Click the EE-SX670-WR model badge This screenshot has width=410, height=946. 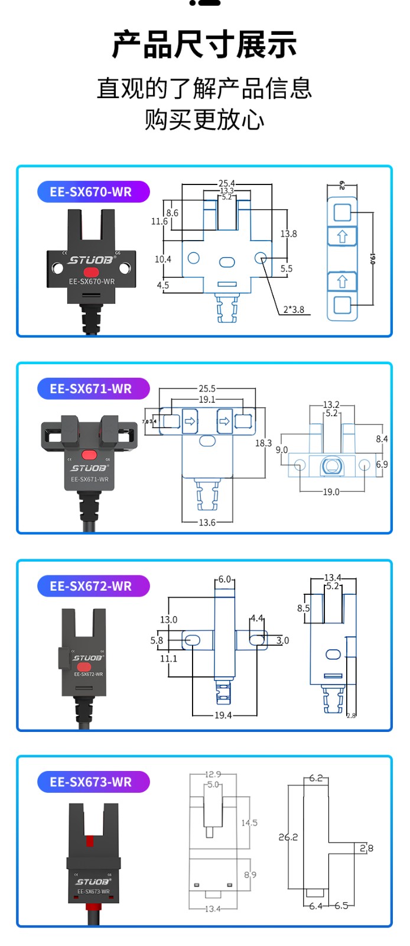[x=93, y=192]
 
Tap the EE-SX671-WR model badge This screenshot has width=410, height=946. [x=93, y=389]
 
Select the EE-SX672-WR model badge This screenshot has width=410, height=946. [x=93, y=586]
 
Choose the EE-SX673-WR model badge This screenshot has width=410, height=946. [x=93, y=782]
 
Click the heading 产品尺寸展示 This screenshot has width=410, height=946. [x=204, y=45]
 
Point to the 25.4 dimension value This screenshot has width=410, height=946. [x=226, y=183]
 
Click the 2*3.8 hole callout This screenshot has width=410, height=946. [x=294, y=309]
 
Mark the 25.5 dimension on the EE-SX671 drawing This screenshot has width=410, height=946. [x=207, y=389]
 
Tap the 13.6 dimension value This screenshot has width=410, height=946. [x=207, y=523]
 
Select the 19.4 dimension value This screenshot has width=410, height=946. [x=223, y=715]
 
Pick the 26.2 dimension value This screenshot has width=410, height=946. [x=288, y=837]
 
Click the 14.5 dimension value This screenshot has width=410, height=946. [x=249, y=823]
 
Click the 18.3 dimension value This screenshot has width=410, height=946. [x=263, y=443]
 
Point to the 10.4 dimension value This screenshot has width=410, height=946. [x=163, y=259]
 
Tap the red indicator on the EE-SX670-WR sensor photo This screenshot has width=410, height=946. [x=91, y=272]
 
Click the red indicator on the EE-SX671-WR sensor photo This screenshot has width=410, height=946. [x=89, y=455]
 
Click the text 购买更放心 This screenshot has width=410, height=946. [x=204, y=120]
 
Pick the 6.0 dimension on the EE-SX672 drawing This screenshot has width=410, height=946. [x=224, y=579]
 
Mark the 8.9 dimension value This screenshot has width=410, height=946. [x=250, y=874]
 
